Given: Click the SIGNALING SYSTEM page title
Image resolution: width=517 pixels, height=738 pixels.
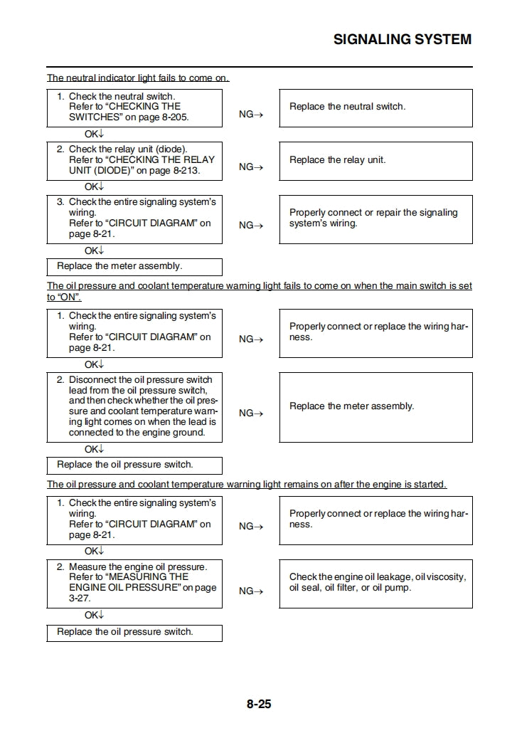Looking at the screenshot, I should (x=402, y=39).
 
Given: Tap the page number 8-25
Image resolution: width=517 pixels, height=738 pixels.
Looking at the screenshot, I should (x=259, y=705).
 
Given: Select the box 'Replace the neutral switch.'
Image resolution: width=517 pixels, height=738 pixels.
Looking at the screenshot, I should (x=375, y=107).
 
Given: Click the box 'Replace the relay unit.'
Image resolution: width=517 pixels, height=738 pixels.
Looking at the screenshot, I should (x=375, y=161).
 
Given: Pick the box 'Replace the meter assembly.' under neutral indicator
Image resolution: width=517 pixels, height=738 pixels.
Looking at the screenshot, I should (x=134, y=267).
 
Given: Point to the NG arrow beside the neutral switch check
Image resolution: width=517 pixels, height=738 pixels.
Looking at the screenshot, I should (x=251, y=115).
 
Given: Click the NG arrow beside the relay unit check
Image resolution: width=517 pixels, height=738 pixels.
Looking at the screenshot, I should (x=251, y=167).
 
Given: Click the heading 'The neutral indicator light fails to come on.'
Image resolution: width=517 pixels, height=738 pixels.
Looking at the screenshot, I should (x=138, y=78).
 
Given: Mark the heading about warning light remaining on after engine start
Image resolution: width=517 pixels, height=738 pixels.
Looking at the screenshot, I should (x=247, y=485).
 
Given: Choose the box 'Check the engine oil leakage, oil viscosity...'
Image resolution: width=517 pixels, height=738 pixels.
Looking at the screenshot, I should (x=375, y=583).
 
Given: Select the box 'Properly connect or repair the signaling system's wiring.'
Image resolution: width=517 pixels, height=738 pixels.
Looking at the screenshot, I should (x=375, y=218).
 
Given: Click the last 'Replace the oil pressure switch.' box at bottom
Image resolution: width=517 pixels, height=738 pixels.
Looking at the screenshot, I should (x=134, y=633).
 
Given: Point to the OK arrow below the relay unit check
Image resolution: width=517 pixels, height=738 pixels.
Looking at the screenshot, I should (x=94, y=187).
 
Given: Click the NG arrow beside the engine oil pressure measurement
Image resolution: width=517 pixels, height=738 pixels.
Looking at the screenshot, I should (x=251, y=591).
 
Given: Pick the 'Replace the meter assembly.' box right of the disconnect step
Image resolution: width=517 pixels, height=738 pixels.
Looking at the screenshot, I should (x=375, y=406).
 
